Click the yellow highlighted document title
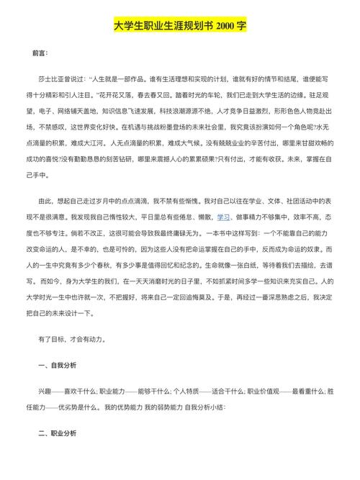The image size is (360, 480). coord(180,25)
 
